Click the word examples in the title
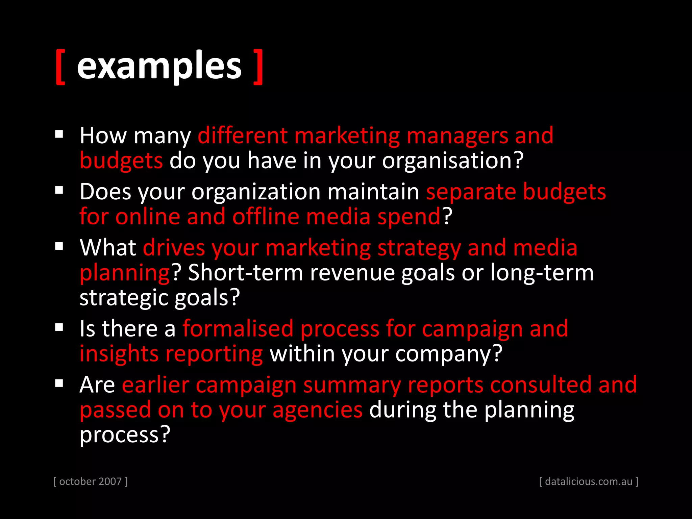(x=159, y=66)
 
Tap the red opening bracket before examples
(x=60, y=67)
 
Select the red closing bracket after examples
(x=258, y=67)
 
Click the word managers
(x=457, y=136)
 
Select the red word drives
(x=174, y=248)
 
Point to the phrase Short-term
(x=245, y=273)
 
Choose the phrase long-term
(x=542, y=273)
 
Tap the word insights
(x=119, y=354)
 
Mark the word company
(x=449, y=354)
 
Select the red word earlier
(x=155, y=385)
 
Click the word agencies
(x=318, y=410)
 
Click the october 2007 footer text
(x=91, y=481)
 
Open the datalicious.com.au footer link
(x=589, y=481)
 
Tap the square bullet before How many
(x=59, y=134)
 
